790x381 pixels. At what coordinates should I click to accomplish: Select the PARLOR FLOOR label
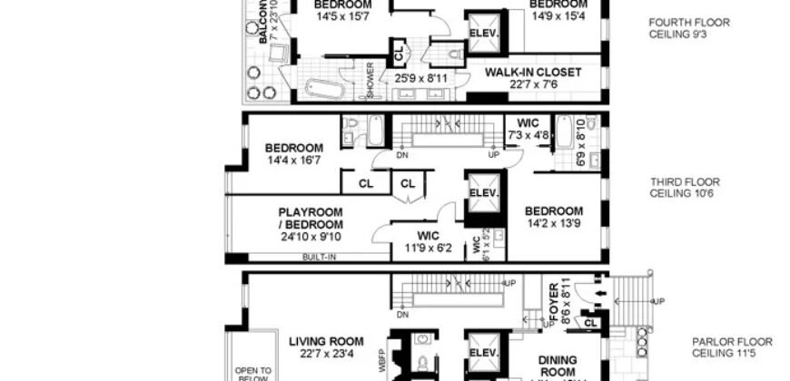(x=732, y=342)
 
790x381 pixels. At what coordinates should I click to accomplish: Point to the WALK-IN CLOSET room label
(x=533, y=72)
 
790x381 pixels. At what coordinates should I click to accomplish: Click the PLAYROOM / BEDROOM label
(x=311, y=218)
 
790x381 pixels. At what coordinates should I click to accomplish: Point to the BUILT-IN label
(x=319, y=257)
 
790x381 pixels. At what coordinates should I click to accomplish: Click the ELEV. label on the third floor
(x=484, y=194)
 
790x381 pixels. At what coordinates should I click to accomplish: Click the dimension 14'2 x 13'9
(x=553, y=223)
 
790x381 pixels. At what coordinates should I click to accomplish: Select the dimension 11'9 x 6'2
(x=422, y=246)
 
